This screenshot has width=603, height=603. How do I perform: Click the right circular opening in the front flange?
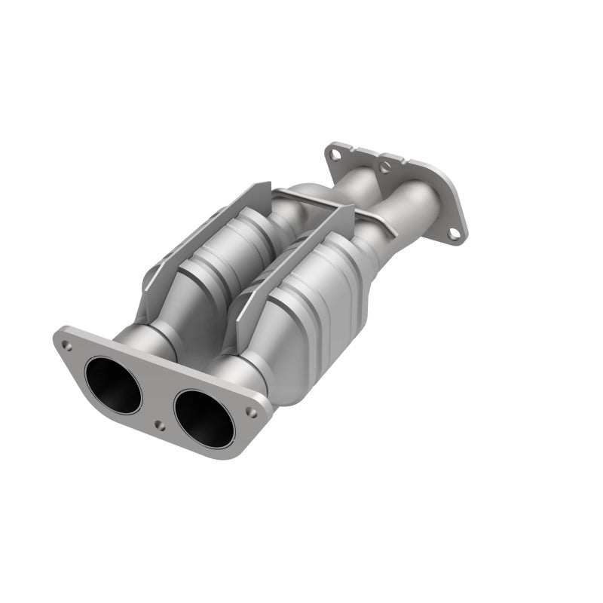pyautogui.click(x=202, y=417)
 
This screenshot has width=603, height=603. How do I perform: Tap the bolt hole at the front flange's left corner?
pyautogui.click(x=68, y=345)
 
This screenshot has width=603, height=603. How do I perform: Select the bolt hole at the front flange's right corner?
pyautogui.click(x=253, y=412)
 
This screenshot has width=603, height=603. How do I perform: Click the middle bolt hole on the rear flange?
pyautogui.click(x=386, y=167)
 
